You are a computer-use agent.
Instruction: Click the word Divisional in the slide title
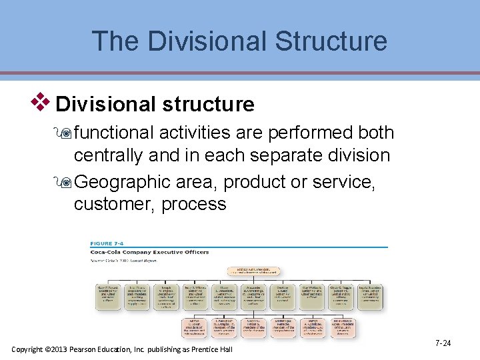202,41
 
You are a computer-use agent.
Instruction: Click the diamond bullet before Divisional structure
43,102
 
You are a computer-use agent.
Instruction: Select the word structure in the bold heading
206,105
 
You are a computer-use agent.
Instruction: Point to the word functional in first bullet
114,133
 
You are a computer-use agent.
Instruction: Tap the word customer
114,204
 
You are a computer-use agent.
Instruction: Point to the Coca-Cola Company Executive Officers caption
150,252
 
